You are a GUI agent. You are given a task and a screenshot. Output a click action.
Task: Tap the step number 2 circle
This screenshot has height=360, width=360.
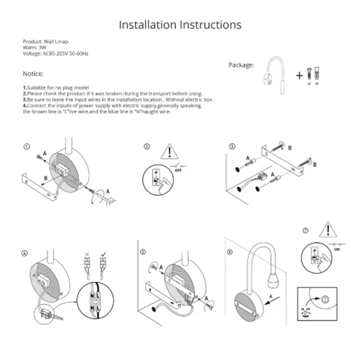point(147,147)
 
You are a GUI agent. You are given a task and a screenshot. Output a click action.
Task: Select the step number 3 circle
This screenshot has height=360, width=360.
point(232,147)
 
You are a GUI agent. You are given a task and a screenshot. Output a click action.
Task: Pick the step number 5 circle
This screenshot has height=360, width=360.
point(143,252)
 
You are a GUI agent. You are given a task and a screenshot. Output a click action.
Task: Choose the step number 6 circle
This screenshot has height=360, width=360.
point(230,252)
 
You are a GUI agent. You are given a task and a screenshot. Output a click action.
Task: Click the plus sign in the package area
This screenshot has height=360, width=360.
point(299,76)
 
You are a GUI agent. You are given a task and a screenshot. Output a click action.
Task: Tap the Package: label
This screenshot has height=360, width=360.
point(241,65)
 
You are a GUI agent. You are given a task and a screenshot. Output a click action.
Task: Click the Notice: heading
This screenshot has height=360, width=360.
point(33,73)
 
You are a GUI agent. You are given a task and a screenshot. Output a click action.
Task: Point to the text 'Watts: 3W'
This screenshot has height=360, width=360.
point(33,47)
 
